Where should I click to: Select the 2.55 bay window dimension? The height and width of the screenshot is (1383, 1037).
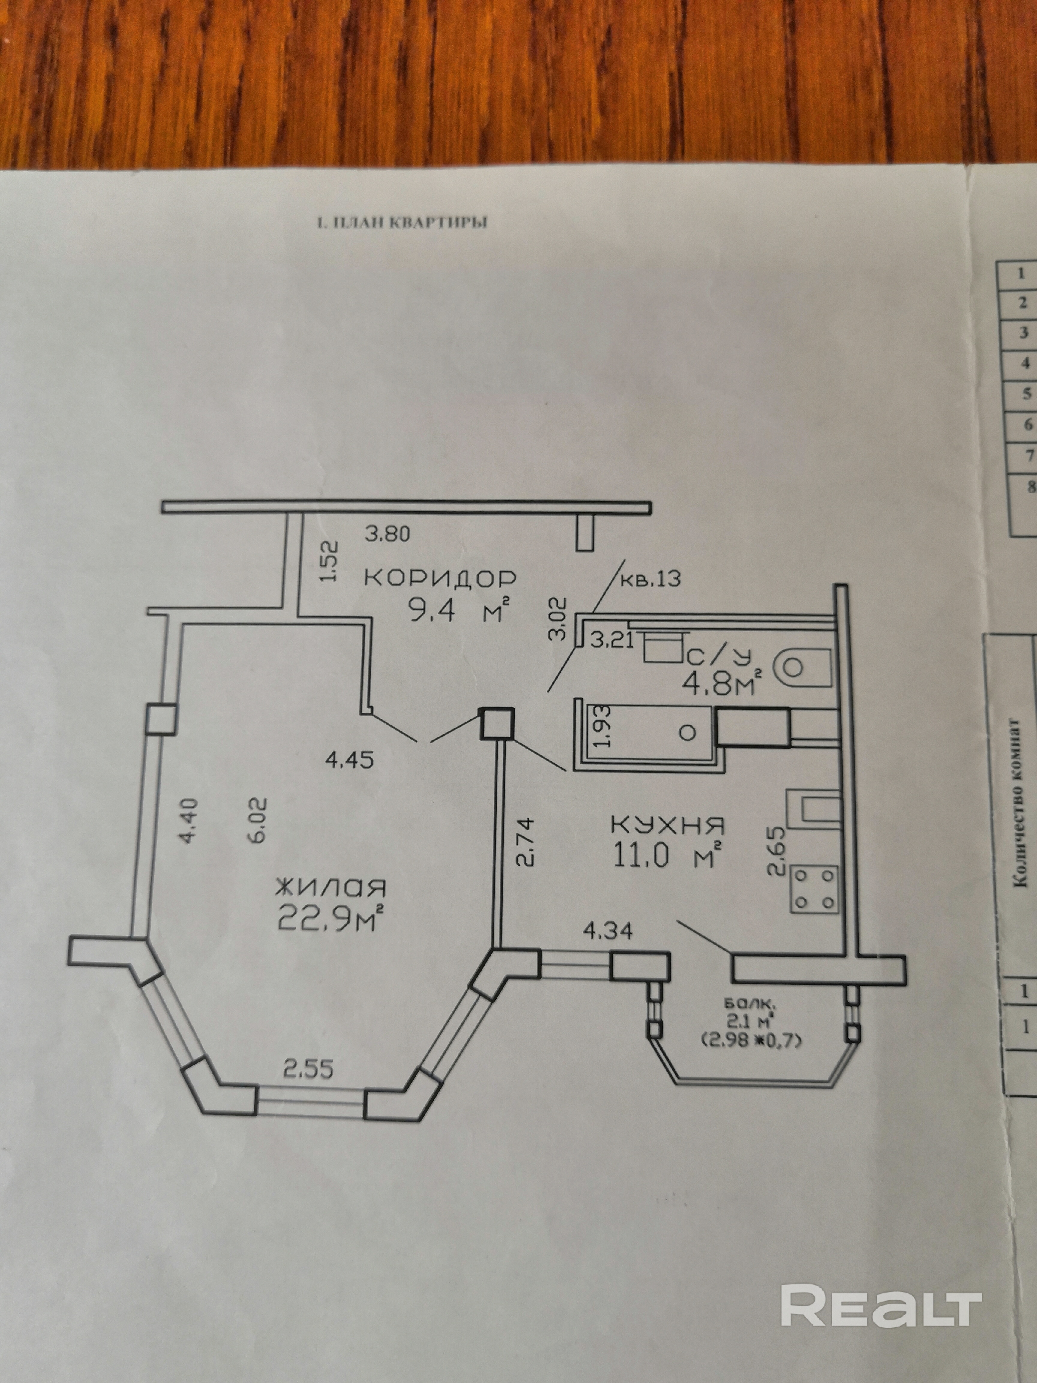(308, 1070)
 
